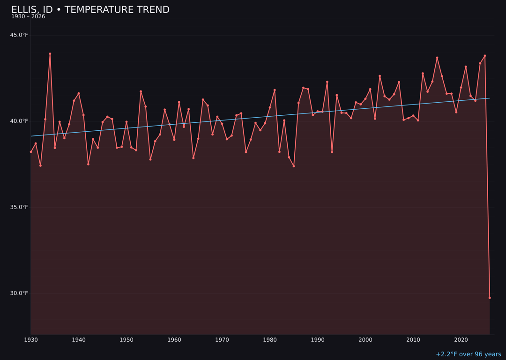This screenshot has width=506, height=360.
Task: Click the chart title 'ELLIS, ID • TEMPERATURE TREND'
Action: click(90, 10)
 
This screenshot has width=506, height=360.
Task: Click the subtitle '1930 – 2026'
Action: click(28, 17)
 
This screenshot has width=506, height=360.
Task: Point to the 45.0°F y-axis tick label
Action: click(19, 35)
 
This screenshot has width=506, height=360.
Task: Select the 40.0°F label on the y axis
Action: click(19, 121)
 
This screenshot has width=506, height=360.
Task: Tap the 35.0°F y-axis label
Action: click(19, 207)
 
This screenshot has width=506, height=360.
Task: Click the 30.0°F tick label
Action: click(19, 293)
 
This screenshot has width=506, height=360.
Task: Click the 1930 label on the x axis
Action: click(31, 340)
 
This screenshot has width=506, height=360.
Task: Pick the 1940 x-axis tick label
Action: click(79, 340)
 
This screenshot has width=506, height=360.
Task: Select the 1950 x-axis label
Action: click(126, 340)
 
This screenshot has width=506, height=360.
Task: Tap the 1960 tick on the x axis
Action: click(174, 340)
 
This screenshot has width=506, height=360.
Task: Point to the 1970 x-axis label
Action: click(222, 340)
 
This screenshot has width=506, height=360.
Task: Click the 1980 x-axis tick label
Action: click(270, 340)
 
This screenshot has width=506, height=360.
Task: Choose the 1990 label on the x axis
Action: click(318, 340)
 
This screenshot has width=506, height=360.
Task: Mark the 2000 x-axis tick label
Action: click(365, 340)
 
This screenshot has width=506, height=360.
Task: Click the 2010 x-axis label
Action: click(413, 340)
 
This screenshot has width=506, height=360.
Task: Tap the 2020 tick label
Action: click(461, 340)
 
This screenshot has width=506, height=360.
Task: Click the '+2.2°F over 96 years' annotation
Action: click(468, 354)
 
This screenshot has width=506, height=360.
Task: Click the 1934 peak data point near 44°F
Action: click(50, 54)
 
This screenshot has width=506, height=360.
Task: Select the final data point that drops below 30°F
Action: click(490, 298)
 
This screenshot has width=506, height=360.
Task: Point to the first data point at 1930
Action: click(31, 152)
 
